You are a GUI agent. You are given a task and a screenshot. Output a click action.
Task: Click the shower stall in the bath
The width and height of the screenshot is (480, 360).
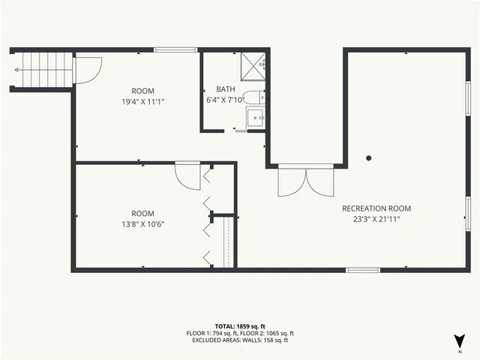[253, 66]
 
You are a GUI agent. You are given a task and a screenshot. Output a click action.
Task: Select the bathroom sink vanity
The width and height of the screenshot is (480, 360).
[256, 118]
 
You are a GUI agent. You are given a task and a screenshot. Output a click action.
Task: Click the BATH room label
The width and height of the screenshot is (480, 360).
[226, 88]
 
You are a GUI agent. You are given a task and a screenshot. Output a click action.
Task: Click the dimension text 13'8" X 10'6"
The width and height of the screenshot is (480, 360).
[142, 223]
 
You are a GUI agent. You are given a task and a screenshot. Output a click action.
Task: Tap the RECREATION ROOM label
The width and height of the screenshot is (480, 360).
[376, 208]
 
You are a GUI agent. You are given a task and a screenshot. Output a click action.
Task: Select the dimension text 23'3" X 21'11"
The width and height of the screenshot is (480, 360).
[376, 219]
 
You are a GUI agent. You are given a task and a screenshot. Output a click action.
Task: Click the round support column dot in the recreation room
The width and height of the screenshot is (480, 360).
[368, 158]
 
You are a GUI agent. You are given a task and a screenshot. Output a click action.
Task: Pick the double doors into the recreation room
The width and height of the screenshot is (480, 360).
[304, 181]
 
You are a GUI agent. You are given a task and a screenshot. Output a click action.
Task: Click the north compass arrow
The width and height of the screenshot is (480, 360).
[458, 339]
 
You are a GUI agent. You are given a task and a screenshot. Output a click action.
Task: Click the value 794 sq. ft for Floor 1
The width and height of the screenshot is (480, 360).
[231, 333]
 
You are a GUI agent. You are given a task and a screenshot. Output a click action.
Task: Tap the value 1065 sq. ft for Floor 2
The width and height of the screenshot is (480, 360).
[278, 333]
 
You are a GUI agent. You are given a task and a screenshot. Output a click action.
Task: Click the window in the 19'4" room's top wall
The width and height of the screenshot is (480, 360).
[175, 50]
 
